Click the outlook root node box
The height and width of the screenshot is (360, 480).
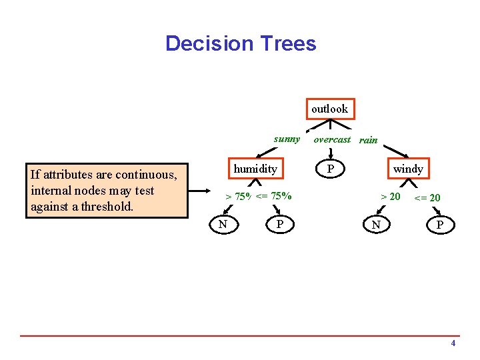tap(329, 109)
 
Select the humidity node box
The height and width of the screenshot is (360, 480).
tap(255, 169)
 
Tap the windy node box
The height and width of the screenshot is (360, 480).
tap(407, 169)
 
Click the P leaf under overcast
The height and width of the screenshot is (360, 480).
tap(329, 169)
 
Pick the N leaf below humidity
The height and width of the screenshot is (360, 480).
tap(223, 225)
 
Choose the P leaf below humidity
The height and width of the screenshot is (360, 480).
tap(281, 225)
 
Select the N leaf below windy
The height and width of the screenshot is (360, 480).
tap(376, 225)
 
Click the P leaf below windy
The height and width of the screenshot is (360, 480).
tap(439, 226)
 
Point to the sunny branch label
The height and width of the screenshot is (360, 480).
tap(287, 139)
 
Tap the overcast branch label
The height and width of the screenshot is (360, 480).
tap(331, 139)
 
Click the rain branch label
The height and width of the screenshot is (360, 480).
tap(368, 140)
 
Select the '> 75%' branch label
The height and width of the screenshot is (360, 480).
tap(238, 197)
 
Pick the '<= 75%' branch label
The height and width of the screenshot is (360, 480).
tap(274, 196)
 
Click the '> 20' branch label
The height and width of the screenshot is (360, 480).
tap(390, 196)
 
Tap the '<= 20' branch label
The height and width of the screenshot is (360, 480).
tap(427, 197)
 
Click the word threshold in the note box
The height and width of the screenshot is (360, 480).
tap(109, 207)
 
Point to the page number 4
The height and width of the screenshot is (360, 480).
tap(453, 343)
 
